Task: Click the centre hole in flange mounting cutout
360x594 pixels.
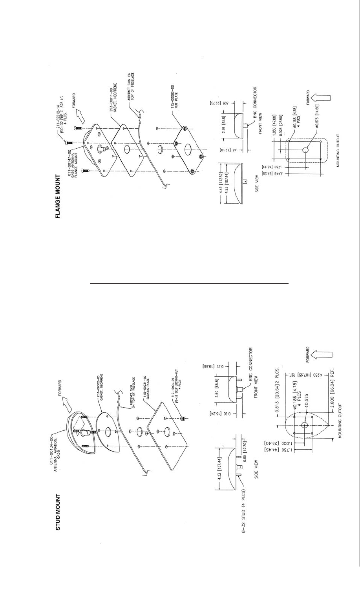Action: click(306, 150)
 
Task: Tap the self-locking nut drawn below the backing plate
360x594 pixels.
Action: click(183, 419)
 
